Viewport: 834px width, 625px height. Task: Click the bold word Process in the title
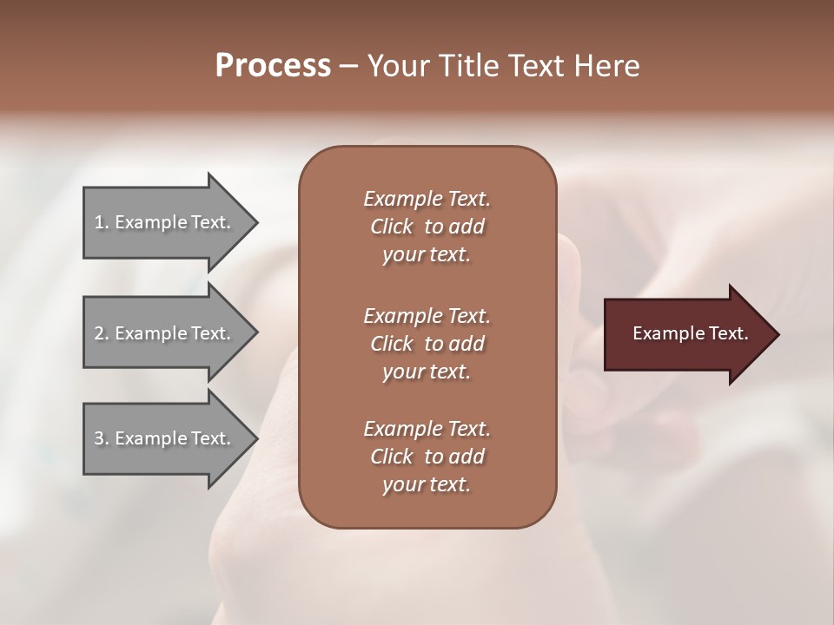point(273,65)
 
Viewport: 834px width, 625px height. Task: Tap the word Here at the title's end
point(608,65)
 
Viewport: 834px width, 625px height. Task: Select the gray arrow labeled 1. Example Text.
point(165,222)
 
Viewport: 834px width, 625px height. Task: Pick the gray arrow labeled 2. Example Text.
point(165,333)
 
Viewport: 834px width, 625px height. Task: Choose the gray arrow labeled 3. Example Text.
point(165,438)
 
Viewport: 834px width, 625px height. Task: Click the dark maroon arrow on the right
point(686,333)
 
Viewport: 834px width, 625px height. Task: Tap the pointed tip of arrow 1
point(255,222)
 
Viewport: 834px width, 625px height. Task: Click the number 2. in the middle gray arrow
point(102,333)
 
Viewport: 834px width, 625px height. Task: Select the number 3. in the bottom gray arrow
point(102,438)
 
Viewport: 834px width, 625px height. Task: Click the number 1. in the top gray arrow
point(102,222)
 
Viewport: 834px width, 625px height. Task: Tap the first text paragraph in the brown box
point(427,227)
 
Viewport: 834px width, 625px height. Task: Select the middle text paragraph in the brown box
point(427,344)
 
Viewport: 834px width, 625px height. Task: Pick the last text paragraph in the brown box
point(427,457)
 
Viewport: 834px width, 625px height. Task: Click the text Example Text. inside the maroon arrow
point(690,333)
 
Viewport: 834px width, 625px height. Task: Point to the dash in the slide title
point(349,67)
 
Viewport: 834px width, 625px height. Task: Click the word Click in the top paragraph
point(391,227)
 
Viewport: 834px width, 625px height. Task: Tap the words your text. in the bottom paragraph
point(427,484)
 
